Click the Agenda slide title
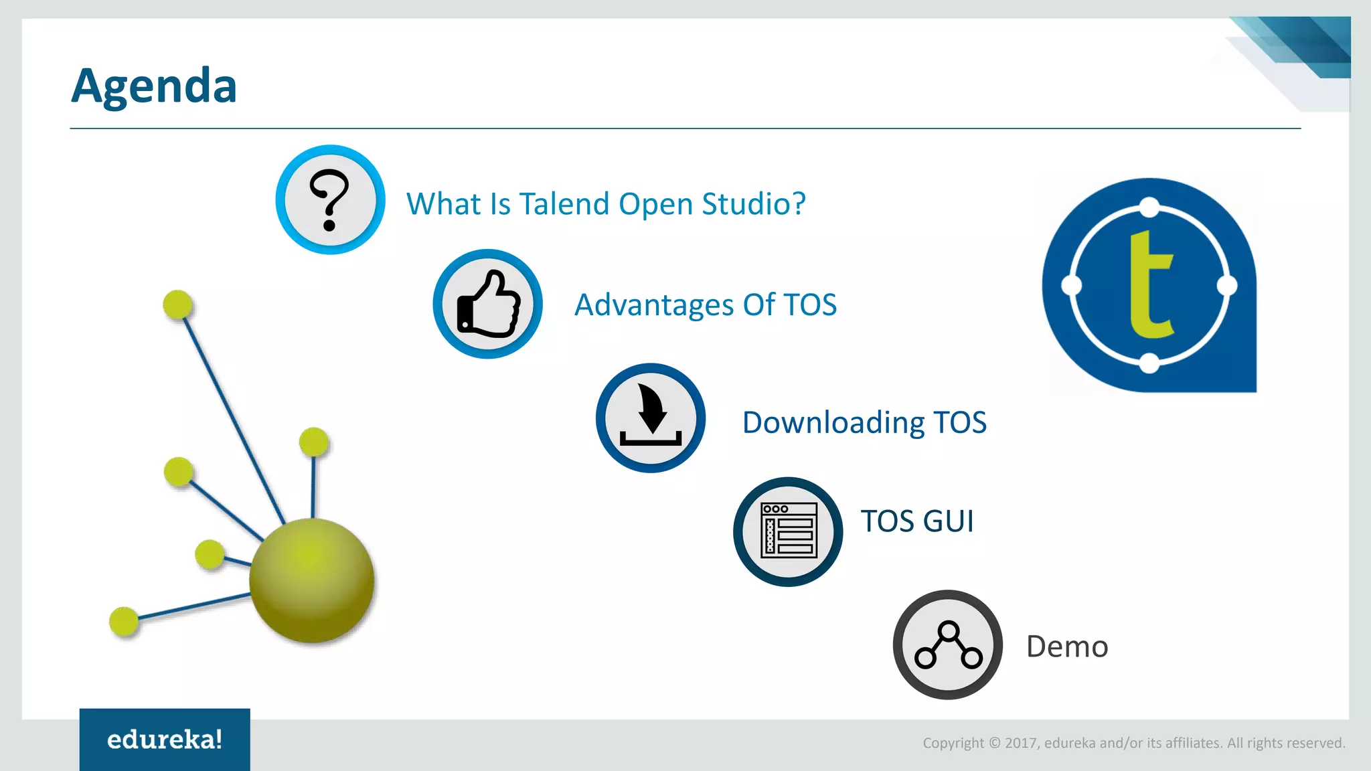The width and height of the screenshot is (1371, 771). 154,86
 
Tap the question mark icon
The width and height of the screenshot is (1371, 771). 329,199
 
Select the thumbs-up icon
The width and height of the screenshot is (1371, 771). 488,305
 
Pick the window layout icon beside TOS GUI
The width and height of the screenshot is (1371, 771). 789,531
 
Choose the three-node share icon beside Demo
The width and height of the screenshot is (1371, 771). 948,645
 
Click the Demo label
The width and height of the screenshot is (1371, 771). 1067,647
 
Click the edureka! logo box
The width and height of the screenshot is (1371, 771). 165,740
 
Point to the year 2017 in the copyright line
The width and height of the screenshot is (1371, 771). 1020,744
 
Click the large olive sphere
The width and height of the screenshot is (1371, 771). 311,580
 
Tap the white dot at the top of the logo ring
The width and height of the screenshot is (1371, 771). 1149,207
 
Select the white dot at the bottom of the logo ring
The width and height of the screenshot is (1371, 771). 1149,363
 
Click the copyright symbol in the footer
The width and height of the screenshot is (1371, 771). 995,744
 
